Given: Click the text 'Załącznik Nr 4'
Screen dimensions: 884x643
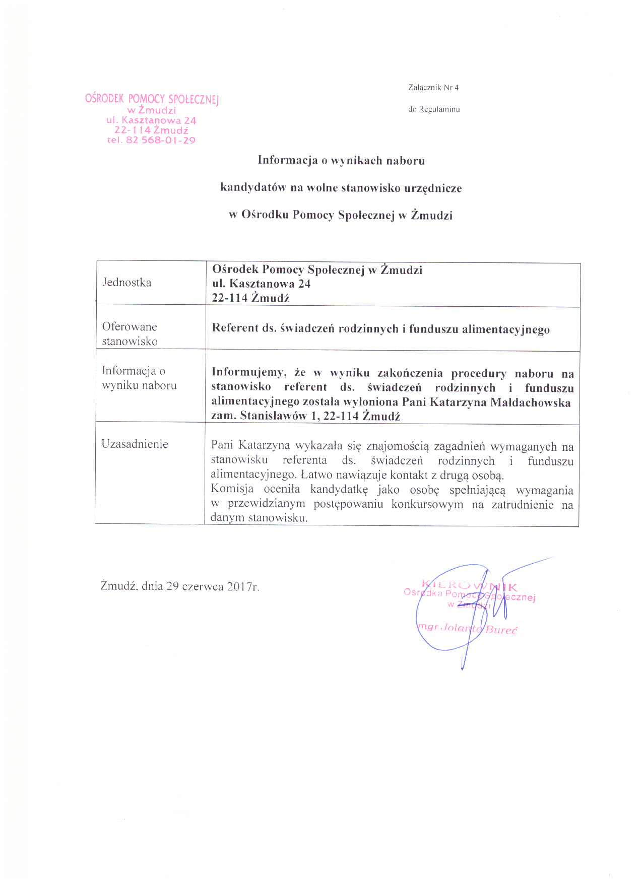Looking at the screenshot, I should pyautogui.click(x=433, y=88).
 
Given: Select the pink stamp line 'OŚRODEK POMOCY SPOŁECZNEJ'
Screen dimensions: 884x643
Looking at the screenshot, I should pyautogui.click(x=152, y=99).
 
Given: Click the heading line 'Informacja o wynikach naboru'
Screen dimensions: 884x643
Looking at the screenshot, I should pyautogui.click(x=341, y=161).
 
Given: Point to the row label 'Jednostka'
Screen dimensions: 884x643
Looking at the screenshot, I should pyautogui.click(x=127, y=283).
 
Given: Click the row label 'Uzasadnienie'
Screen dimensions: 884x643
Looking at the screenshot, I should pyautogui.click(x=135, y=444).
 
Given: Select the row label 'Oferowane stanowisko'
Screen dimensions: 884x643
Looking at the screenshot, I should pyautogui.click(x=130, y=334).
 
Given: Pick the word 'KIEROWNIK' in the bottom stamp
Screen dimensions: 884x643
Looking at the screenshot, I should pyautogui.click(x=469, y=586).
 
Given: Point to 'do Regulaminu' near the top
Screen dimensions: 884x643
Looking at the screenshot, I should pyautogui.click(x=434, y=109).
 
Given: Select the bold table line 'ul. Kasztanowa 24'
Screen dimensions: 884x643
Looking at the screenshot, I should pyautogui.click(x=261, y=284).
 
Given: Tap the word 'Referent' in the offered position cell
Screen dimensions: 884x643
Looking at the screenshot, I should pyautogui.click(x=235, y=328).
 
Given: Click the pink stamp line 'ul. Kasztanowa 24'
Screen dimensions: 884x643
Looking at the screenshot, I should pyautogui.click(x=151, y=120).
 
